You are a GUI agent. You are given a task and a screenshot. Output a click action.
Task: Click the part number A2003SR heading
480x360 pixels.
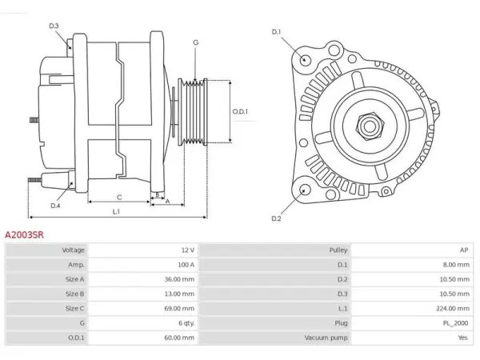24,234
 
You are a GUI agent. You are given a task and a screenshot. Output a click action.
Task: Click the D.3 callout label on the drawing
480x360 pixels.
54,26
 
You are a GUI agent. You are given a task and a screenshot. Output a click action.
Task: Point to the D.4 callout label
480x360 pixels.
55,206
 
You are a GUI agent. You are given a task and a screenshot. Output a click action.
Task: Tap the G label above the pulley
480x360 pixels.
196,42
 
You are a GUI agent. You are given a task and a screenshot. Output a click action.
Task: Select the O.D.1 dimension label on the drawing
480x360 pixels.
240,111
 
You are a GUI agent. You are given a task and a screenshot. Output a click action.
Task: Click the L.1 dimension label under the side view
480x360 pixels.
116,211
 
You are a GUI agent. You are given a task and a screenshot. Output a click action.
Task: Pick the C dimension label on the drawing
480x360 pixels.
119,198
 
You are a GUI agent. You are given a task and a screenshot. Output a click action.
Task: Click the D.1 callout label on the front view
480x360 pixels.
276,32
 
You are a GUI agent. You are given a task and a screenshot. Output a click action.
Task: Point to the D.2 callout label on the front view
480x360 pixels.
276,218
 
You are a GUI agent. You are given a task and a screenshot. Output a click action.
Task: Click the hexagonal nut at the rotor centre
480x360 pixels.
370,126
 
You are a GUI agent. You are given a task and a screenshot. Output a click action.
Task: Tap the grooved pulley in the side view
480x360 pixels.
193,111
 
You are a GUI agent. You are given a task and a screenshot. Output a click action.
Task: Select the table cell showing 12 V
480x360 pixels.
188,250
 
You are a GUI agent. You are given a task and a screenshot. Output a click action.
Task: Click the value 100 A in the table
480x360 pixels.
186,265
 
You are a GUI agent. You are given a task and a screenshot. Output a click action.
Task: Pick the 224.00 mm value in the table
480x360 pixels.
453,308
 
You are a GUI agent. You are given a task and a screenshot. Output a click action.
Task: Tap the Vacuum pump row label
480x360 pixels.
326,338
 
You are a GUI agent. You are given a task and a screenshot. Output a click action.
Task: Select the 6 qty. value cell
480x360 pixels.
186,323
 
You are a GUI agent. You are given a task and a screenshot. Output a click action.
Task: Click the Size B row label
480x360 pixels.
74,294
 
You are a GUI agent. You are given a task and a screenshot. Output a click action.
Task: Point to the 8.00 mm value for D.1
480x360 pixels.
456,265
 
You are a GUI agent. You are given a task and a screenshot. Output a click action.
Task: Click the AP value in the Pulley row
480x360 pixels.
464,250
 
